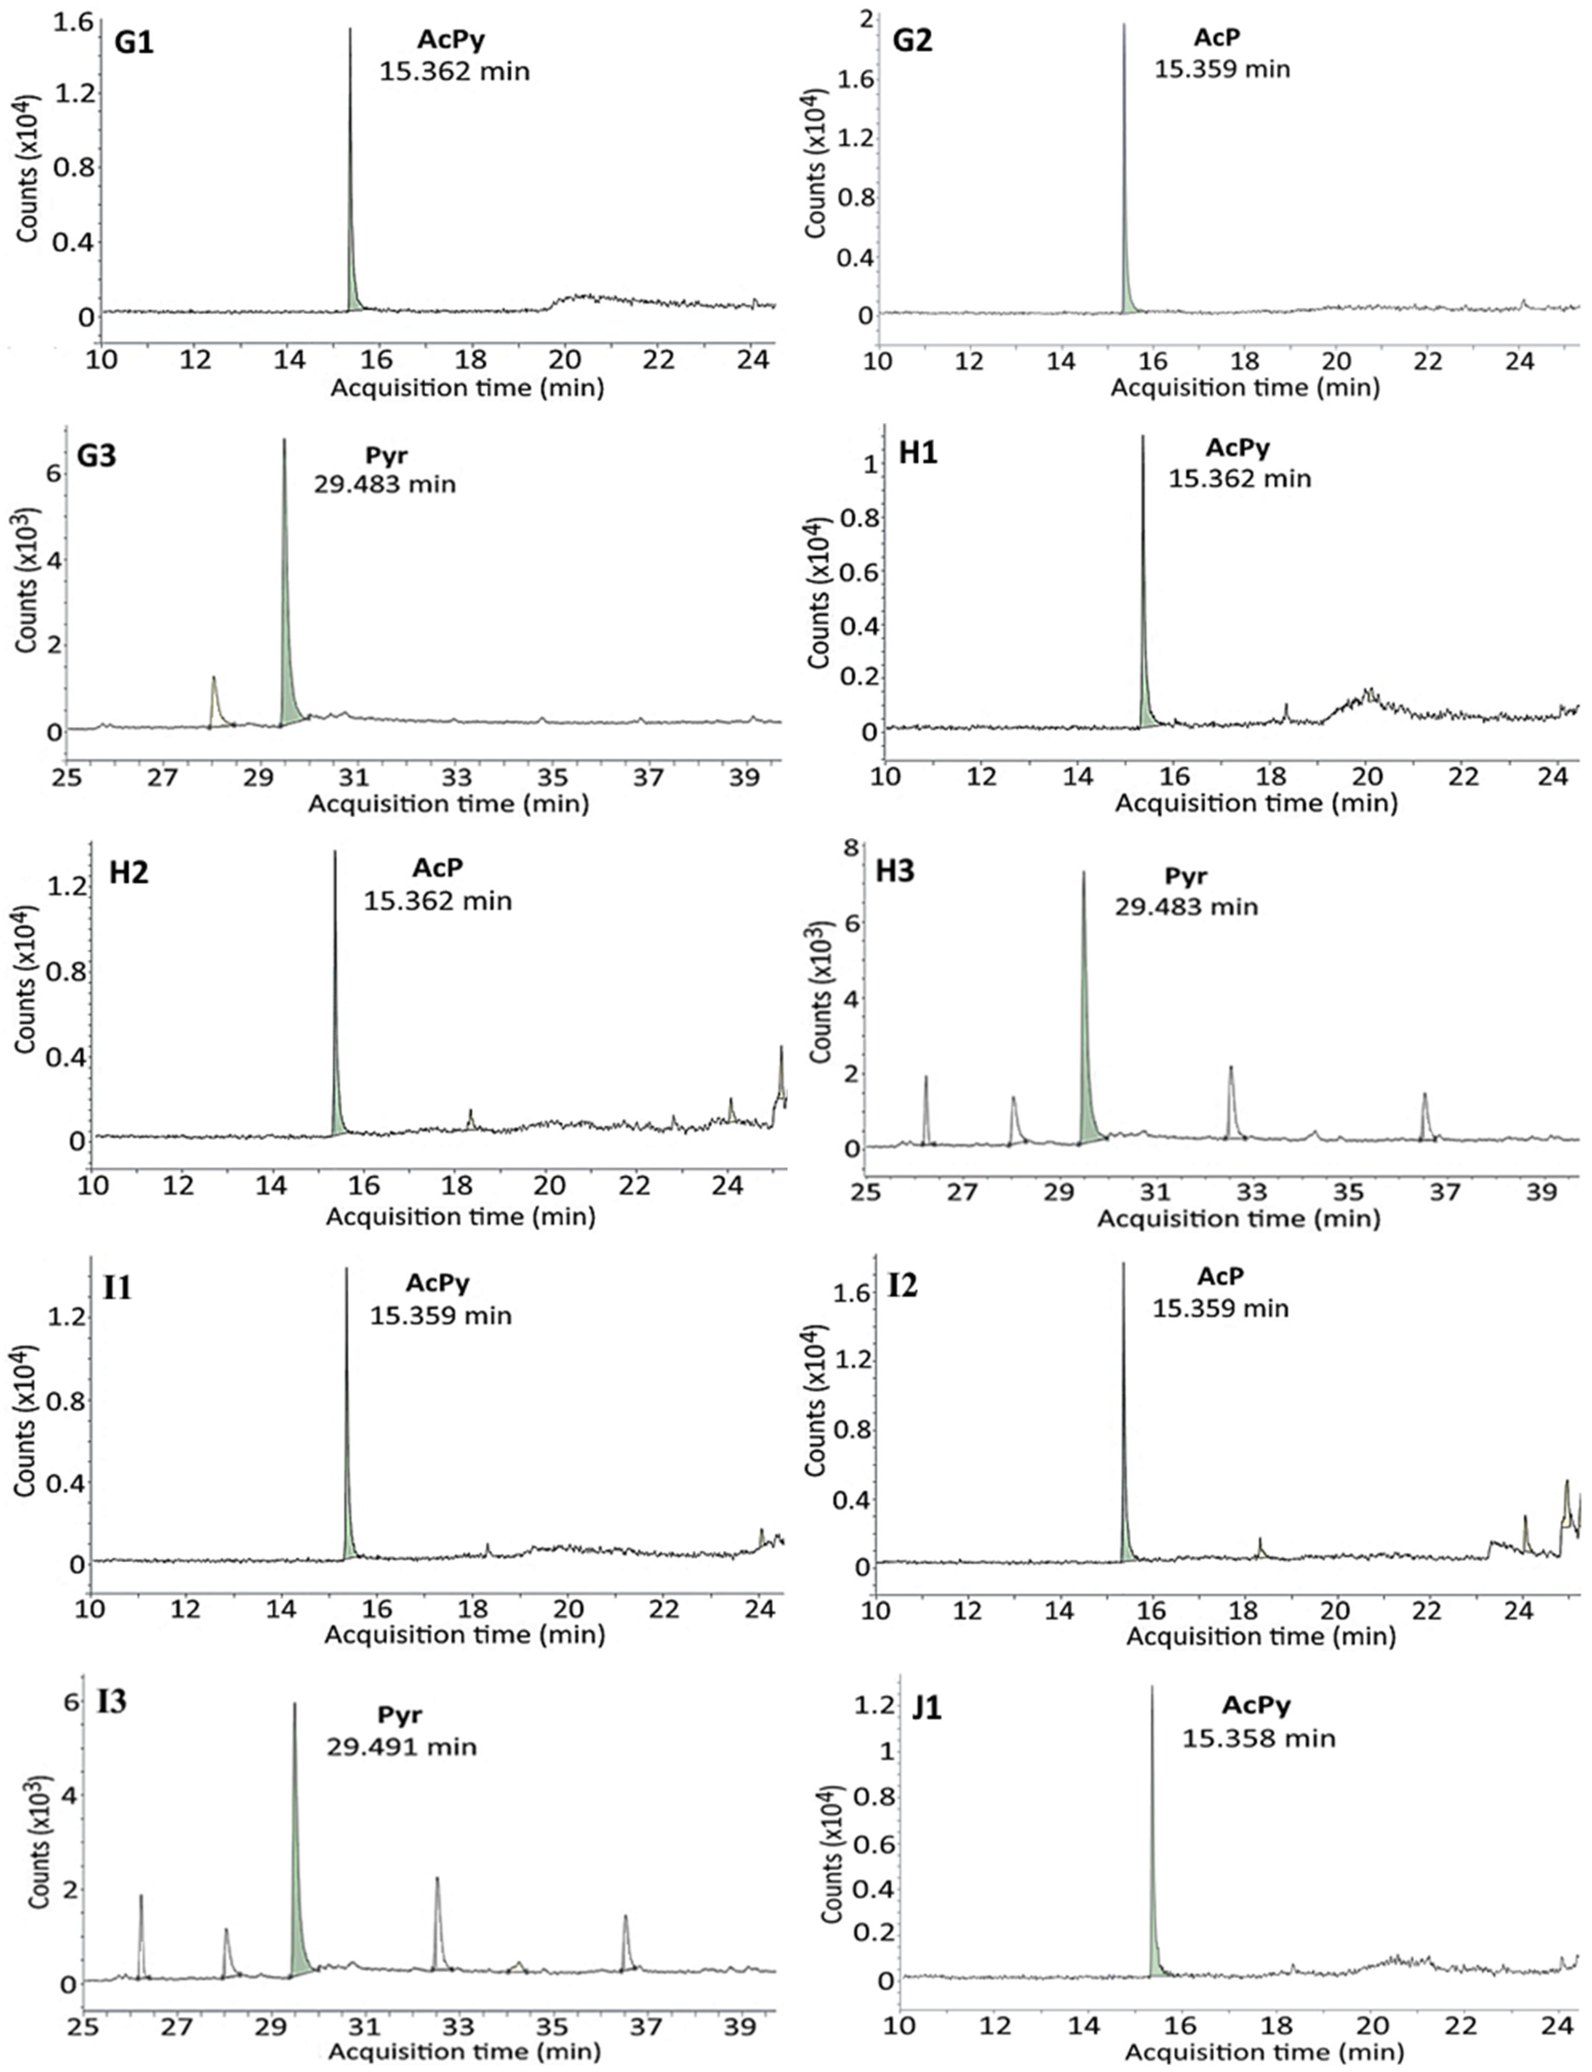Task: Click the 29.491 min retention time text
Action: point(402,1746)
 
